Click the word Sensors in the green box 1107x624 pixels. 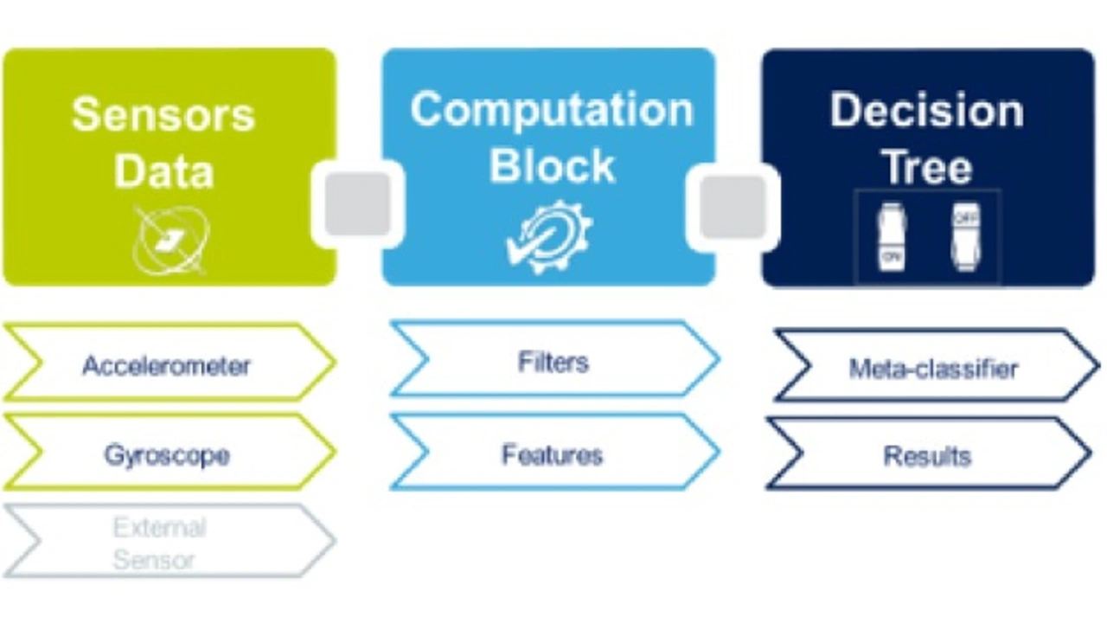tap(163, 114)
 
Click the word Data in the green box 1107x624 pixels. tap(163, 170)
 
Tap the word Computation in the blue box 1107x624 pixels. tap(552, 110)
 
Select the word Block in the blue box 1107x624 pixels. tap(552, 164)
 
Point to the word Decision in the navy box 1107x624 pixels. tap(927, 111)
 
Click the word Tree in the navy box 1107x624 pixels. tap(927, 166)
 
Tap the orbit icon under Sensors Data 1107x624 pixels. tap(171, 240)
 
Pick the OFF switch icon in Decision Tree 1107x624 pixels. tap(964, 236)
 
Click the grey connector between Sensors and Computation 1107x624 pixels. tap(357, 204)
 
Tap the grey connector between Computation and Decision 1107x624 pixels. tap(733, 206)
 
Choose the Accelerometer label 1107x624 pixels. tap(166, 365)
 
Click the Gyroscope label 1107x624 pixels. tap(167, 454)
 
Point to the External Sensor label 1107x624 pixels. tap(159, 544)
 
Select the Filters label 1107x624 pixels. tap(553, 361)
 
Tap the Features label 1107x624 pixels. tap(552, 454)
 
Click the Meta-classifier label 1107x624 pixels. tap(933, 369)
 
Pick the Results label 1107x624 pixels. tap(927, 455)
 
